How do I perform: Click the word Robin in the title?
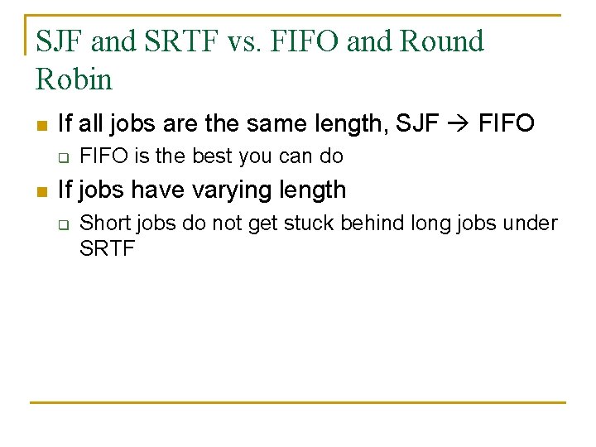click(x=74, y=79)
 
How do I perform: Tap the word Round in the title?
click(x=442, y=41)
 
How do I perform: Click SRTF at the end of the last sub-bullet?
click(x=107, y=248)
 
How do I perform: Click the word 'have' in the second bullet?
click(x=158, y=190)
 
